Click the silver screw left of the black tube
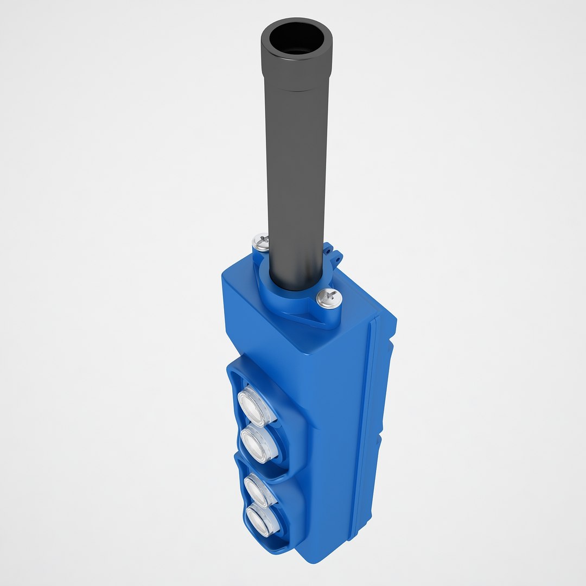(261, 241)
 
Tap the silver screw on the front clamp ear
(329, 298)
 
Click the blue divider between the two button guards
(255, 467)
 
